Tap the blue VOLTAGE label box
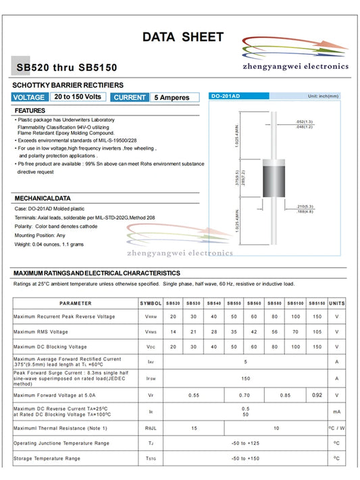[29, 97]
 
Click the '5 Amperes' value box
[174, 97]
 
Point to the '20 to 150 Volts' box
[78, 97]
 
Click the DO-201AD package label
[226, 96]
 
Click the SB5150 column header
[317, 303]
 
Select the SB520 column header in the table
[173, 303]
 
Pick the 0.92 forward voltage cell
[317, 394]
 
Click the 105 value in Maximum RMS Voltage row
[317, 331]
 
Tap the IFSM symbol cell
[151, 379]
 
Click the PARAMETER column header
[75, 303]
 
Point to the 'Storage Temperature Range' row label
[47, 458]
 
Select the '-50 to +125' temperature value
[245, 443]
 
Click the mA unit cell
[336, 411]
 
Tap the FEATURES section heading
[30, 110]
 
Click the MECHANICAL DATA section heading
[43, 198]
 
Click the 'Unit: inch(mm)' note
[323, 96]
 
